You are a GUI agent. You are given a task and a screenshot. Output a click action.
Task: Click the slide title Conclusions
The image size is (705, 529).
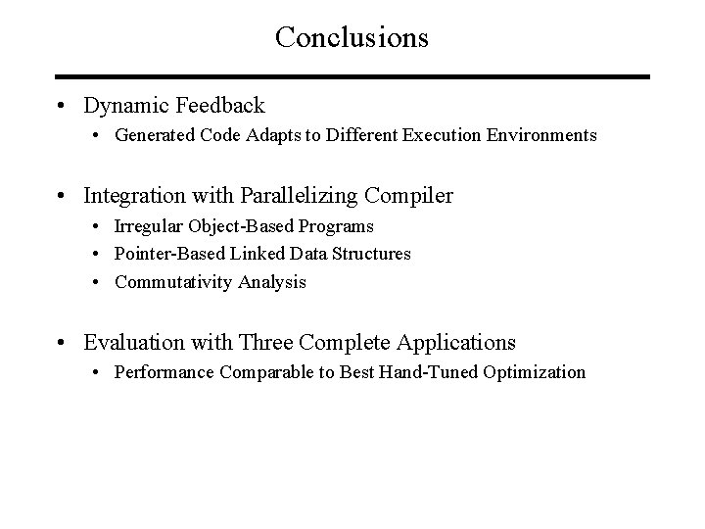(x=352, y=37)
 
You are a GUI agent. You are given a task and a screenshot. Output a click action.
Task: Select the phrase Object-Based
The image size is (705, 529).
(x=231, y=226)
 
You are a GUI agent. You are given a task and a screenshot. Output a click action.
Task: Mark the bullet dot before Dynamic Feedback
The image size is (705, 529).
(x=62, y=106)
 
